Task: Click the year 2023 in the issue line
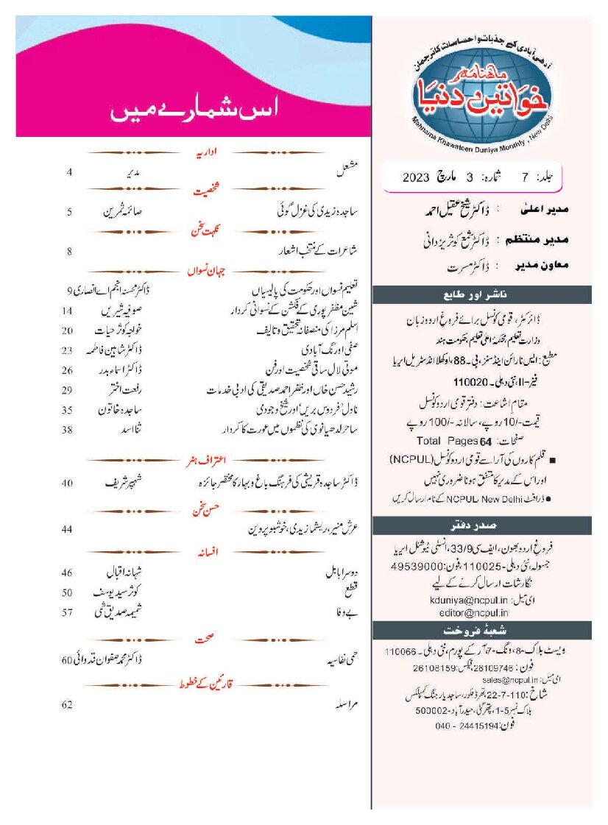coord(421,177)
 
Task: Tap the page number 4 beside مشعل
coord(69,172)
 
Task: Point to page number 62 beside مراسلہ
coord(67,704)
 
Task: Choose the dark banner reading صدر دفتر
coord(482,525)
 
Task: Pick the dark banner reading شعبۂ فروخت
coord(482,631)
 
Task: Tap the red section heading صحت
coord(203,641)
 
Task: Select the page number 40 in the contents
coord(67,484)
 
